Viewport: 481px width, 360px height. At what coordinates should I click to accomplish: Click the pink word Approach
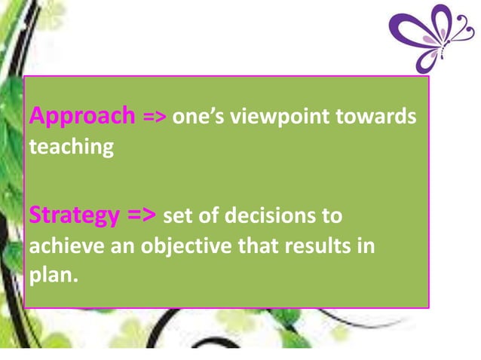click(81, 117)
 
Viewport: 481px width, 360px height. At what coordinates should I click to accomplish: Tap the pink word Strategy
click(73, 217)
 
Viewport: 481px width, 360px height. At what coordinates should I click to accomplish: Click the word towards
click(385, 117)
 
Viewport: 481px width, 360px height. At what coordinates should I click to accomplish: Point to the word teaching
click(71, 146)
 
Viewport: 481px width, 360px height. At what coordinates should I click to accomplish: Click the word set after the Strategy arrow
click(177, 217)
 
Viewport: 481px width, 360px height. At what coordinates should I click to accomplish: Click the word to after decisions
click(332, 217)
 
